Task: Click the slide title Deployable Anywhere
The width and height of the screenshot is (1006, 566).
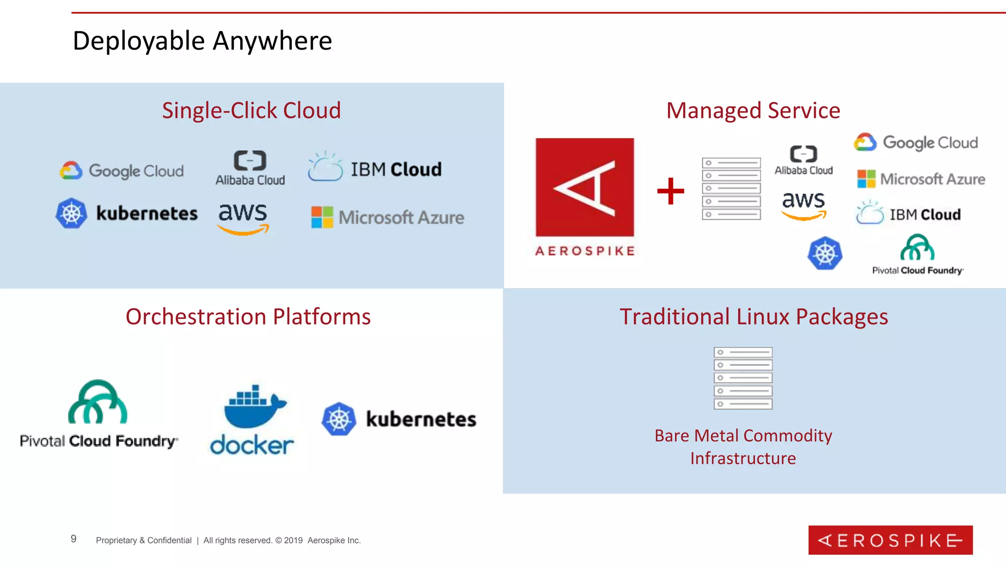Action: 202,41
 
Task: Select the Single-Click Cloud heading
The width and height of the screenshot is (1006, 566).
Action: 251,111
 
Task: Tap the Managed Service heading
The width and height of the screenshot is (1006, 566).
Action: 753,111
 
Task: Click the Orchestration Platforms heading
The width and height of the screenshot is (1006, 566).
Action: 248,317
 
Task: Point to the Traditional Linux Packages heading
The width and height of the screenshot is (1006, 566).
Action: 754,317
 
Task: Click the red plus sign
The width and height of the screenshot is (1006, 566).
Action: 671,191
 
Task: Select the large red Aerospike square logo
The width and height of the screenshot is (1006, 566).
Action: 585,187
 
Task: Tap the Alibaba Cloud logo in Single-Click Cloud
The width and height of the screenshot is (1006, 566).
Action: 250,168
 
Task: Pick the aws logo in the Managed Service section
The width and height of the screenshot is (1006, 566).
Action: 804,204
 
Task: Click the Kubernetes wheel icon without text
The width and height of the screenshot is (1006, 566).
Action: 825,254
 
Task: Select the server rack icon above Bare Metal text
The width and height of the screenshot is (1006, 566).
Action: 743,378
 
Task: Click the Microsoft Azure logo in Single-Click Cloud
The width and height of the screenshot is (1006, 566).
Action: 388,217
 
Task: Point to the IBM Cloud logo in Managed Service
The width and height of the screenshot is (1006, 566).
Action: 908,213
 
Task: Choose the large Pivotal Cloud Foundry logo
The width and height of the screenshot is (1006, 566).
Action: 98,414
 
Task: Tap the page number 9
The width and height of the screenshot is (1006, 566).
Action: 74,539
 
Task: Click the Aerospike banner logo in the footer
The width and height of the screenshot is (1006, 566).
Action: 890,540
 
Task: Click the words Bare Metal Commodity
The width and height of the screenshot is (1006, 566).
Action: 743,436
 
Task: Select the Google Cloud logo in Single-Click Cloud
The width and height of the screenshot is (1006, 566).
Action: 121,170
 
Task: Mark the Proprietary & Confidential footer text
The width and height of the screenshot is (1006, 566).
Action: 143,540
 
